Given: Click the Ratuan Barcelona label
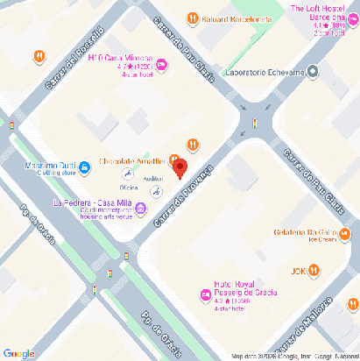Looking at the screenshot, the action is point(236,18).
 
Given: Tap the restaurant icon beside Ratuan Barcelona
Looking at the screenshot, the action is point(192,18).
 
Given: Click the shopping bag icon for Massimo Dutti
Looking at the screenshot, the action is point(84,166).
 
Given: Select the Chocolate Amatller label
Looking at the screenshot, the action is point(132,162).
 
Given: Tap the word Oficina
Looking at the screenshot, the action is point(129,188).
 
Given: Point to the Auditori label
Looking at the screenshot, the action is point(152,179).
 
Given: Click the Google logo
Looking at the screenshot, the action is point(18,353).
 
